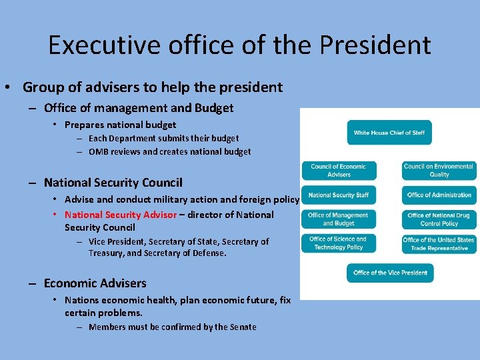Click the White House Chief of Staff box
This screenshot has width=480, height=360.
click(389, 132)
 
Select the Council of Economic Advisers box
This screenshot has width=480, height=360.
click(339, 170)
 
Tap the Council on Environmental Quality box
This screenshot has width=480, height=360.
click(439, 170)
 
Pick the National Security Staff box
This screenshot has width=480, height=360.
click(339, 195)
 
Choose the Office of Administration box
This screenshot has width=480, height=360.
click(439, 195)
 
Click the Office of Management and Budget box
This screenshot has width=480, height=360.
click(339, 219)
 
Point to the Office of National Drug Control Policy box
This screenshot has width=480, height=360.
click(439, 219)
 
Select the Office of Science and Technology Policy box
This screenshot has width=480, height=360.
click(339, 243)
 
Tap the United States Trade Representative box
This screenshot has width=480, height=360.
click(439, 244)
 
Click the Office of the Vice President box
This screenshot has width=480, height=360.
click(390, 273)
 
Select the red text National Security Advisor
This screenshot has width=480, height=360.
click(121, 215)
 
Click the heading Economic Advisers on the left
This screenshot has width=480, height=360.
click(95, 283)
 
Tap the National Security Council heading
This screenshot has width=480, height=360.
click(113, 182)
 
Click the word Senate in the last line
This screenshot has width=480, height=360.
click(243, 327)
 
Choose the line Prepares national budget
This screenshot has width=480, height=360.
click(120, 125)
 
